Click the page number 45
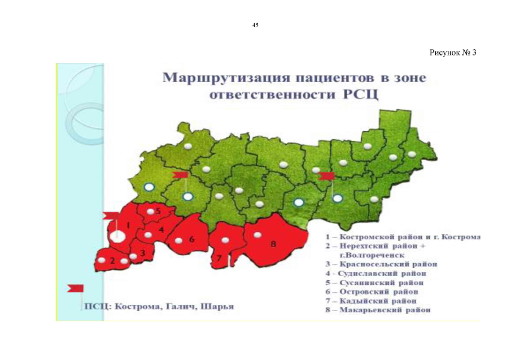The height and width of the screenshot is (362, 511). click(x=255, y=25)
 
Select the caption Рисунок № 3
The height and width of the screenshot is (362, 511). click(x=453, y=53)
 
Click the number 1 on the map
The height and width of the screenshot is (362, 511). click(x=128, y=225)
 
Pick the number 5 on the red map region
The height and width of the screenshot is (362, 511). click(x=159, y=211)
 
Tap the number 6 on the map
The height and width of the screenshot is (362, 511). click(x=191, y=239)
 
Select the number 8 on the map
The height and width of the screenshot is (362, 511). click(x=273, y=244)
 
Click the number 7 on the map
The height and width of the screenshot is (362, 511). click(x=219, y=258)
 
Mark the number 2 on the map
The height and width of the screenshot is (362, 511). click(x=112, y=261)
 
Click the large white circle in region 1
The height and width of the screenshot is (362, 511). click(x=117, y=236)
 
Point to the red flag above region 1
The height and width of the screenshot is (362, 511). click(x=111, y=215)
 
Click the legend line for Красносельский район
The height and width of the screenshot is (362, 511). click(x=382, y=264)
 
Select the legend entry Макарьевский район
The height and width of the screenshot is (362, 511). click(x=378, y=310)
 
